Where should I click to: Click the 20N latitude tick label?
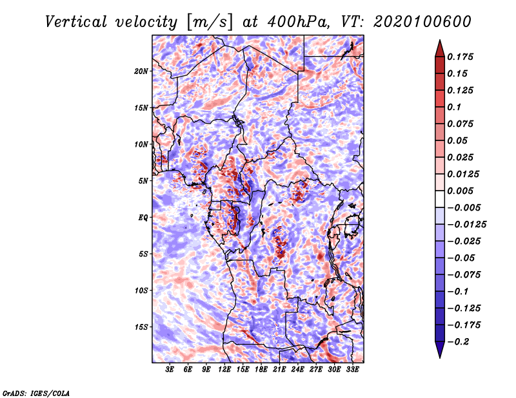[x=141, y=71]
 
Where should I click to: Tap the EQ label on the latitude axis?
[x=143, y=218]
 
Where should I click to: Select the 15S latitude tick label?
[x=141, y=327]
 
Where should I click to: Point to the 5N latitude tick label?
[x=143, y=181]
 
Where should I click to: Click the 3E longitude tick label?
[x=170, y=369]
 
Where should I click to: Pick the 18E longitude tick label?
[x=261, y=369]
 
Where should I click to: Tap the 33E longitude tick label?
[x=352, y=369]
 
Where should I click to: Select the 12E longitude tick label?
[x=224, y=369]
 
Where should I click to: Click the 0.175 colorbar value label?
[x=460, y=57]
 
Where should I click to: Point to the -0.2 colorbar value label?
[x=458, y=342]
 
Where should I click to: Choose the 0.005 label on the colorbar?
[x=460, y=191]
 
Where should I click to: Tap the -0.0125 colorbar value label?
[x=466, y=225]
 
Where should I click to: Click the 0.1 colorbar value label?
[x=454, y=107]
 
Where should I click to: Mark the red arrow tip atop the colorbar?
[x=440, y=40]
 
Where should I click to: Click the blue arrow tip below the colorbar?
[x=440, y=357]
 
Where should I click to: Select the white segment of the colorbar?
[x=440, y=199]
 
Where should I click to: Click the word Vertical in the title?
[x=75, y=22]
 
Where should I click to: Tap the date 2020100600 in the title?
[x=422, y=22]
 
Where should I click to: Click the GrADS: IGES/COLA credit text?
[x=36, y=393]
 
